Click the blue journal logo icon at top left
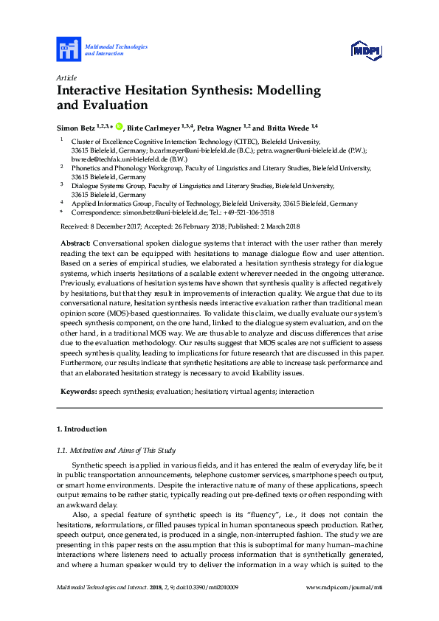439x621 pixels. (x=69, y=50)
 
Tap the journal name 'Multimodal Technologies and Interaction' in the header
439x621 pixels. (x=116, y=50)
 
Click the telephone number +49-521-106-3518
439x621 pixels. (x=247, y=212)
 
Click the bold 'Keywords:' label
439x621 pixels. (x=77, y=392)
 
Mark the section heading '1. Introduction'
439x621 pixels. (x=82, y=429)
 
